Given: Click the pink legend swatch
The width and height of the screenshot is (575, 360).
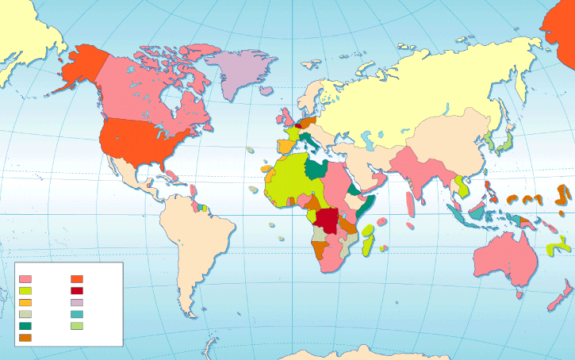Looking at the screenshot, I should coord(25,279).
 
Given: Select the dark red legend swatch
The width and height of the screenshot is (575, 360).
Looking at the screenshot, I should coord(77,291).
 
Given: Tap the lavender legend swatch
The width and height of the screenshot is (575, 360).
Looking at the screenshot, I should coord(77,303).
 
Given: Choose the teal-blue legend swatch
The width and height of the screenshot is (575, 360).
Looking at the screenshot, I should coord(77,315).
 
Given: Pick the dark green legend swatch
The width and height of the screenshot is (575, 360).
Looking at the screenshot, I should coord(25,326).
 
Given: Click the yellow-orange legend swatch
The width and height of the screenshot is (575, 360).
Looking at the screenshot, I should coord(25,303).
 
